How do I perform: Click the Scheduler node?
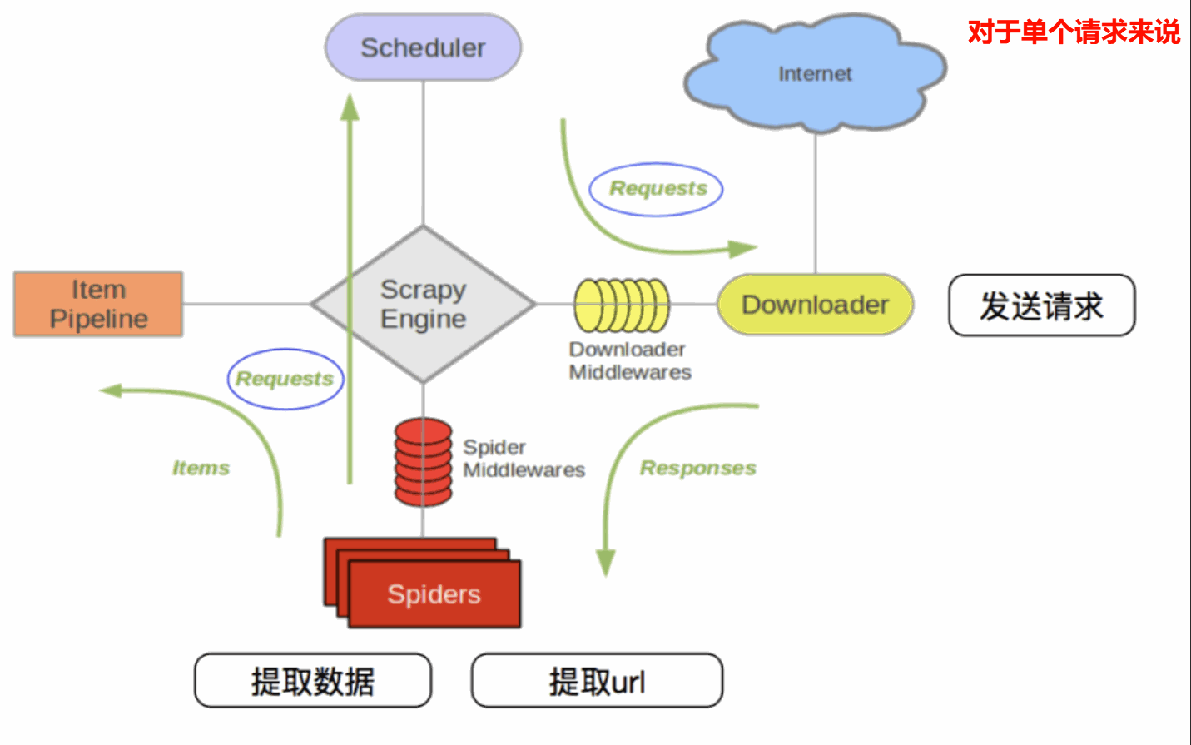(423, 47)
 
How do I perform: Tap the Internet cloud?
(814, 74)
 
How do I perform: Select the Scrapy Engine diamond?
(423, 304)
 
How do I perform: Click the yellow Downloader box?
(815, 305)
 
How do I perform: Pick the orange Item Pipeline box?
(98, 304)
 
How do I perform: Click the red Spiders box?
(433, 594)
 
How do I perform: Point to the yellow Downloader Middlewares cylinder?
(622, 305)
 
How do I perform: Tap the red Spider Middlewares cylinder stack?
(423, 462)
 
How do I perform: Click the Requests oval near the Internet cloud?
(657, 189)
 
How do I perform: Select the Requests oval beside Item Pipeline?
(285, 379)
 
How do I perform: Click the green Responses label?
(697, 468)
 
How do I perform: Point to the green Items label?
(201, 468)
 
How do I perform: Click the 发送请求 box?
(1041, 305)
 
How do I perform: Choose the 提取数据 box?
(313, 681)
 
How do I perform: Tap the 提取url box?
(597, 681)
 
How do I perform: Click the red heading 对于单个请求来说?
(1074, 32)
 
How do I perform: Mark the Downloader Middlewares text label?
(629, 360)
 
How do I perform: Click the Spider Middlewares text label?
(524, 459)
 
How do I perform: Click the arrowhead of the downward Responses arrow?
(606, 564)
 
